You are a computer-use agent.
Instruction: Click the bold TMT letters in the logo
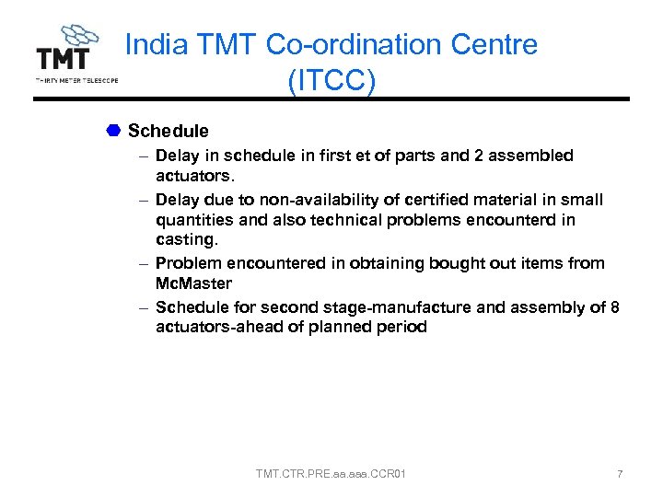64,59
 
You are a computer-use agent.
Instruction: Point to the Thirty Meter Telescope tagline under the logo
76,80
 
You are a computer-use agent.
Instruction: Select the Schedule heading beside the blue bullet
169,132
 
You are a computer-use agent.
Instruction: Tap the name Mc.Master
193,283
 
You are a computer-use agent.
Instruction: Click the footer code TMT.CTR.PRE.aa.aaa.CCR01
331,474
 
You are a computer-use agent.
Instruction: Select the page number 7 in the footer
620,474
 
